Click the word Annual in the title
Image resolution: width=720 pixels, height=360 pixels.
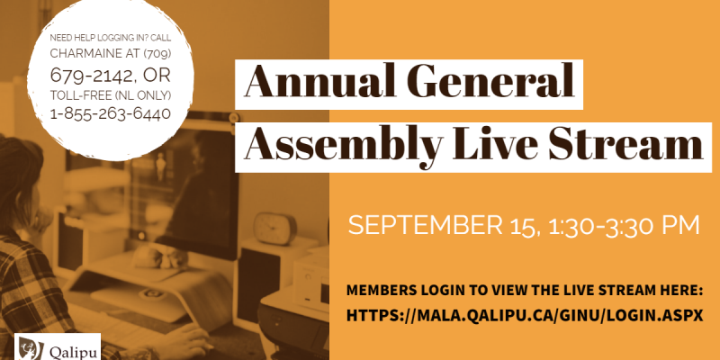tap(319, 81)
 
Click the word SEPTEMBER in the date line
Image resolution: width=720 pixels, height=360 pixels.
tap(425, 225)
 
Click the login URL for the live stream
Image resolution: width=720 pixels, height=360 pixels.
tap(525, 316)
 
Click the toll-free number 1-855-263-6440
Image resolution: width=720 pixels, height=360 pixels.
tap(110, 113)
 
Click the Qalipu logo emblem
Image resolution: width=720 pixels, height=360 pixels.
tap(31, 348)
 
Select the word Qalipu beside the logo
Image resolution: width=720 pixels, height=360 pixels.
tap(73, 353)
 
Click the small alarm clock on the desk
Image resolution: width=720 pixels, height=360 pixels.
tap(275, 229)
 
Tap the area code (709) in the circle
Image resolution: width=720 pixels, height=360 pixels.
tap(157, 54)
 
